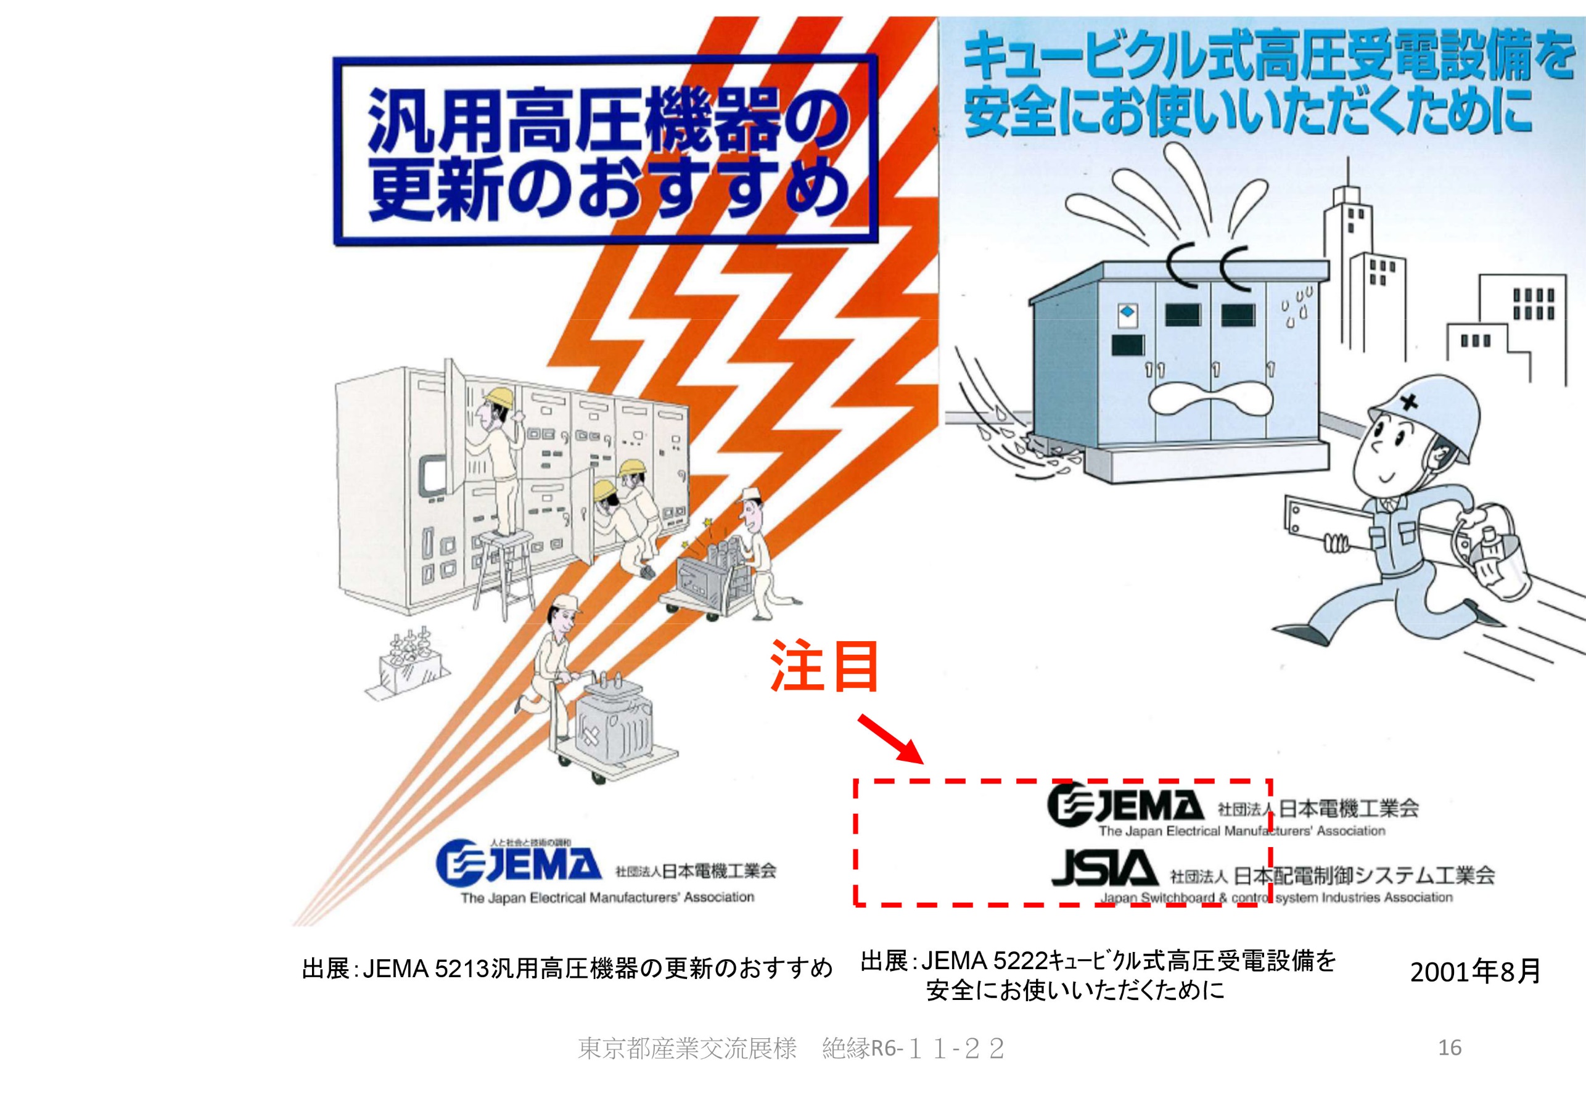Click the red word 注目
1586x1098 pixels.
click(x=824, y=666)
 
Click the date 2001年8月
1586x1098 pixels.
click(x=1475, y=971)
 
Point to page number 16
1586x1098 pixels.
click(x=1450, y=1047)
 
